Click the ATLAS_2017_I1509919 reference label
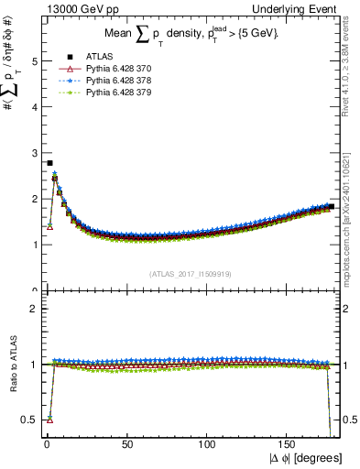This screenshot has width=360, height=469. pyautogui.click(x=190, y=274)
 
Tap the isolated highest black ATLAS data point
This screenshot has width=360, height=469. pyautogui.click(x=49, y=163)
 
